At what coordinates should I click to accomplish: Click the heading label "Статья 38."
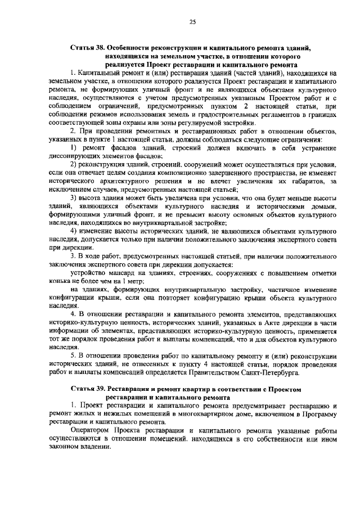point(88,49)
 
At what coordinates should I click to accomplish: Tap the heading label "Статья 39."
point(88,389)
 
